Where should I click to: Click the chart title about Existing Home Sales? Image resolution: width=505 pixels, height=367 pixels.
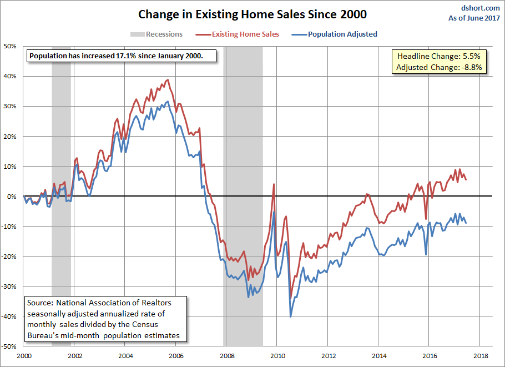coord(252,14)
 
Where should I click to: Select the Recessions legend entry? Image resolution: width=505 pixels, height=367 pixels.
coord(164,34)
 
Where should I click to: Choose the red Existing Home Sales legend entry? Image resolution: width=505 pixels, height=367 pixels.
coord(245,34)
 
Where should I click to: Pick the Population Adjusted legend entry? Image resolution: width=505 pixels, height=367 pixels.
coord(342,34)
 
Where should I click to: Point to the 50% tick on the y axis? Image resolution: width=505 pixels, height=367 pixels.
coord(11,46)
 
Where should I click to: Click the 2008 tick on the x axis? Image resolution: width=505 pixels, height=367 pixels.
coord(226,355)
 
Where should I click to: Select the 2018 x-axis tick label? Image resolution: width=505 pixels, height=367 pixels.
coord(480,355)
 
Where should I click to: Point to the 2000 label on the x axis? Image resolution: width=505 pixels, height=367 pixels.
coord(24,355)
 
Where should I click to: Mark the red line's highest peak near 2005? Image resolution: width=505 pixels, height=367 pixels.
coord(168,80)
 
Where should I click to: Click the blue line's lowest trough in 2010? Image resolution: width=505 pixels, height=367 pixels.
coord(290,316)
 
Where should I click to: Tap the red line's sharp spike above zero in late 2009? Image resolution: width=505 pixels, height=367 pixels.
coord(274,185)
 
